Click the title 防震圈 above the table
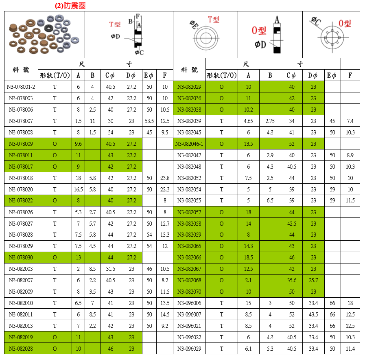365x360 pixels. [70, 6]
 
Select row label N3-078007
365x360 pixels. [21, 121]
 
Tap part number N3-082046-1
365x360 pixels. [189, 144]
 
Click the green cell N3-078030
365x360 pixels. [21, 257]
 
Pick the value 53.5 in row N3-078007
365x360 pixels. [149, 121]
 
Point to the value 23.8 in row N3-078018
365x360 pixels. [164, 178]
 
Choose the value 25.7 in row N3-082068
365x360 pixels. [313, 280]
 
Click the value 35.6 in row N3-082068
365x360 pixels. [291, 280]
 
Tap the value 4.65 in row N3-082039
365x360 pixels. [248, 121]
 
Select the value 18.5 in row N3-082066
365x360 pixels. [248, 257]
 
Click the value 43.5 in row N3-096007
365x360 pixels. [313, 314]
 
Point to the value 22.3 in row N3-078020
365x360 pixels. [164, 189]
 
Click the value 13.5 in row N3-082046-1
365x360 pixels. [248, 144]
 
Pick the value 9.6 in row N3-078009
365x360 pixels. [79, 144]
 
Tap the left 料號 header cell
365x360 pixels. [21, 70]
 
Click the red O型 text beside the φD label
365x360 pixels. [259, 31]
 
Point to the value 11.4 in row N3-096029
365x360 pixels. [350, 349]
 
